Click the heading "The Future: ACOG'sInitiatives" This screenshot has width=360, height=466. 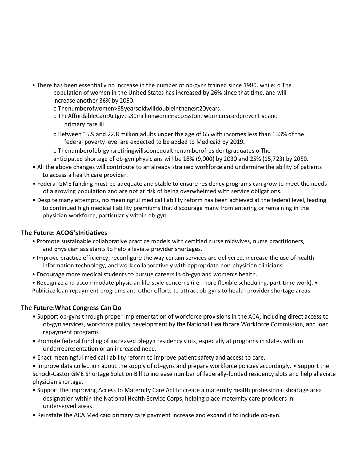pos(64,233)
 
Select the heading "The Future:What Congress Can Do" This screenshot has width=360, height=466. pos(71,308)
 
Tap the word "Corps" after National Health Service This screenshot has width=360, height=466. pos(174,399)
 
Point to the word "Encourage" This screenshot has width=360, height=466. pos(51,274)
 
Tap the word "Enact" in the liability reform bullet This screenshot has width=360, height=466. pos(45,357)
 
